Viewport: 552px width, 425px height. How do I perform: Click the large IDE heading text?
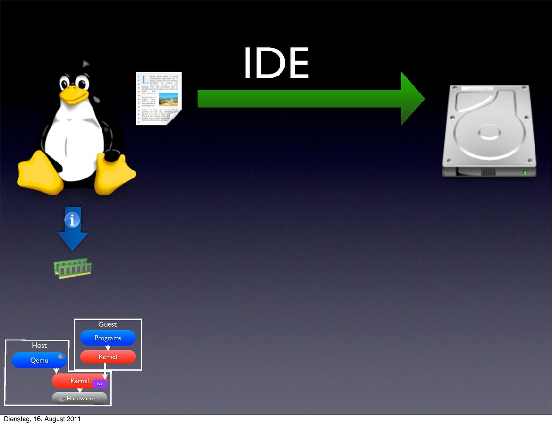(x=276, y=63)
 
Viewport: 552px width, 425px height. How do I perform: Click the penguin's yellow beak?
(x=74, y=96)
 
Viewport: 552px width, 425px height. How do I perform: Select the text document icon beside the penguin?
(x=159, y=98)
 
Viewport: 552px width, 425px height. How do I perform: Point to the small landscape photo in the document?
(x=169, y=99)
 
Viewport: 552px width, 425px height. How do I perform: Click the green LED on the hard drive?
(x=525, y=173)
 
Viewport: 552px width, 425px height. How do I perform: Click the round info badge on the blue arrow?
(x=72, y=220)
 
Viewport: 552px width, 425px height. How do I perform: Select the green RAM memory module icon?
(x=72, y=268)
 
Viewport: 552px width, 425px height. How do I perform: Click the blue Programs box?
(x=108, y=338)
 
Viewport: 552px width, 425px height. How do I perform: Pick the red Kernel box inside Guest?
(x=108, y=357)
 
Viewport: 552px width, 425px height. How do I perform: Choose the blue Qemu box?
(x=39, y=360)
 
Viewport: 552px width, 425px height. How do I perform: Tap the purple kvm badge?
(x=100, y=384)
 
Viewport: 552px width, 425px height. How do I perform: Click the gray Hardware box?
(x=79, y=399)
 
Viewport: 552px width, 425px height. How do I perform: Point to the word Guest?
(x=108, y=324)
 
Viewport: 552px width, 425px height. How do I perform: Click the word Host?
(x=39, y=345)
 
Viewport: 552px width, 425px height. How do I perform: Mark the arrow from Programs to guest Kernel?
(x=108, y=348)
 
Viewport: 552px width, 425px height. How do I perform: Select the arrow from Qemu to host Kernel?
(x=56, y=371)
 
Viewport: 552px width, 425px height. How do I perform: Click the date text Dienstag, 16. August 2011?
(x=42, y=419)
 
